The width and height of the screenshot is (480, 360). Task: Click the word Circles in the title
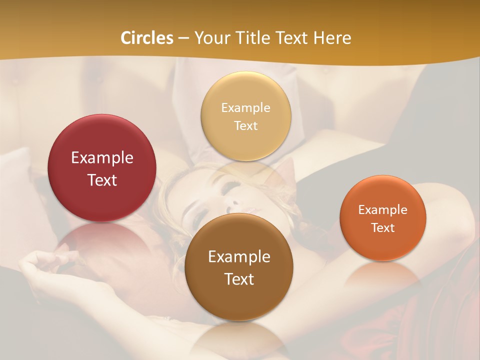pos(147,38)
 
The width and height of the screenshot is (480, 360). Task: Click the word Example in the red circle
pos(102,158)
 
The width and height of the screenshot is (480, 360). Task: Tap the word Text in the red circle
pos(102,180)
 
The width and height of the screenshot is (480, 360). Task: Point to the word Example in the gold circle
pos(246,108)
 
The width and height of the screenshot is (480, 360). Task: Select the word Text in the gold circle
pos(246,126)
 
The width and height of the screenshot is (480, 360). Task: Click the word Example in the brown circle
pos(239,257)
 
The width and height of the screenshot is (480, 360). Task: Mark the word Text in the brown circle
pos(239,279)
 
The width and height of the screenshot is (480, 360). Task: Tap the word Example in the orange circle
pos(383,210)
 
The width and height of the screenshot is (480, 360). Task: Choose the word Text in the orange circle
pos(383,228)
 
